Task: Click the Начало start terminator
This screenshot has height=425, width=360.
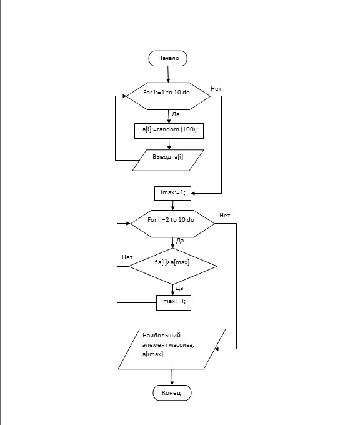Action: click(167, 58)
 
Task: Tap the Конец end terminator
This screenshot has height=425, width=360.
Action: click(172, 392)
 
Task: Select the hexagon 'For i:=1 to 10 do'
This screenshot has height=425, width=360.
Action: click(168, 96)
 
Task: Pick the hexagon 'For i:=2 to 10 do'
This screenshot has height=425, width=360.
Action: click(172, 224)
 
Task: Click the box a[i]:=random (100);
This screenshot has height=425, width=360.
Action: click(169, 131)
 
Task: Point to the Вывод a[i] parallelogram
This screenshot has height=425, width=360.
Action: click(167, 160)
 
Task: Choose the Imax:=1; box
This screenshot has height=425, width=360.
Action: click(172, 193)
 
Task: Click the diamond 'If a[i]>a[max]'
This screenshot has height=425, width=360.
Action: click(172, 266)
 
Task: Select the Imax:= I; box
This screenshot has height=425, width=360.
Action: click(174, 302)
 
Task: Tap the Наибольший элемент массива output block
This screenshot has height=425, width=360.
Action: click(172, 349)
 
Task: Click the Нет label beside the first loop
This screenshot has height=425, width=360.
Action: click(216, 89)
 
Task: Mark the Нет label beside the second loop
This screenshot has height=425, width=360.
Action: click(225, 216)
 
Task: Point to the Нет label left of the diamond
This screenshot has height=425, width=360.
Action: click(127, 257)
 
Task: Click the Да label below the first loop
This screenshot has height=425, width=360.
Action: click(176, 114)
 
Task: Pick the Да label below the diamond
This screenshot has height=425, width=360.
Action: click(179, 288)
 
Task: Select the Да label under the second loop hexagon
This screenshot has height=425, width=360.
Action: click(180, 241)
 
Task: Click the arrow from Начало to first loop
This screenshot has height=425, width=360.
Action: click(168, 74)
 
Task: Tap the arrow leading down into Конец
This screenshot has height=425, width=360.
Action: click(172, 377)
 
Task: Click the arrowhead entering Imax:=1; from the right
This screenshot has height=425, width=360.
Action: click(193, 194)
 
